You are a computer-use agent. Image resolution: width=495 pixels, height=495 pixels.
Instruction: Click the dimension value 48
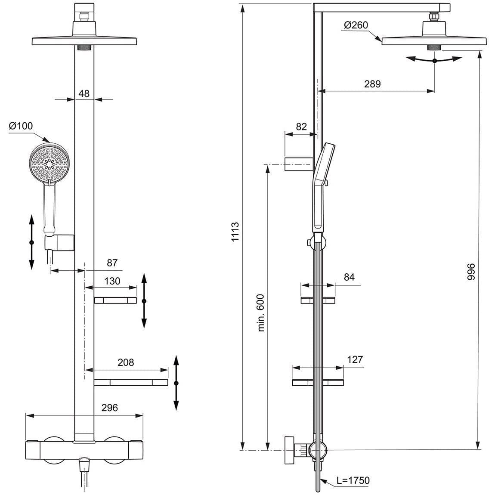click(x=84, y=93)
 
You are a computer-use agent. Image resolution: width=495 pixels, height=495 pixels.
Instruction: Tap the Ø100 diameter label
click(x=20, y=126)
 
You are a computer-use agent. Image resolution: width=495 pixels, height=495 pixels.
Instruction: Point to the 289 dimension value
click(x=372, y=84)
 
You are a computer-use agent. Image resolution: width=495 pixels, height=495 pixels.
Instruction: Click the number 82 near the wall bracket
click(x=301, y=127)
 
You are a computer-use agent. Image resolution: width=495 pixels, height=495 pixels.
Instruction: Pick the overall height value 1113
click(x=235, y=232)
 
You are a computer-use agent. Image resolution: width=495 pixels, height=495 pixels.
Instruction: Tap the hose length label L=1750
click(x=353, y=480)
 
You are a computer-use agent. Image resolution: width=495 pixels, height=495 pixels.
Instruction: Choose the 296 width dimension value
click(x=109, y=408)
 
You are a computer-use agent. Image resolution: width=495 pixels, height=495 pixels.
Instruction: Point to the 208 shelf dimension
click(x=126, y=362)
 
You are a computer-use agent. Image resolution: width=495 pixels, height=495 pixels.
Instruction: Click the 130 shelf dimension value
click(x=112, y=281)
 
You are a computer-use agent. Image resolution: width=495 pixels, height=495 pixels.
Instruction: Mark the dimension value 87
click(x=112, y=263)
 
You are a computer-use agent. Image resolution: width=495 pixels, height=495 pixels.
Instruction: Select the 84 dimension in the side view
click(x=349, y=277)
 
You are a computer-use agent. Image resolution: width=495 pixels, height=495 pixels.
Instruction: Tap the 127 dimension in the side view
click(x=355, y=359)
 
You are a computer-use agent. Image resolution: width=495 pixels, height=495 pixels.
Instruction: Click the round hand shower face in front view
click(x=49, y=163)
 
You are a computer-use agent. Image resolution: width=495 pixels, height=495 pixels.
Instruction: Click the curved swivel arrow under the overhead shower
click(x=434, y=61)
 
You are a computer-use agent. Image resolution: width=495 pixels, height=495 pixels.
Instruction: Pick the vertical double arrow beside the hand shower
click(x=31, y=242)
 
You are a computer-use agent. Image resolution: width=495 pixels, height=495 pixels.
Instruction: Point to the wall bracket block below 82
click(x=297, y=164)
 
